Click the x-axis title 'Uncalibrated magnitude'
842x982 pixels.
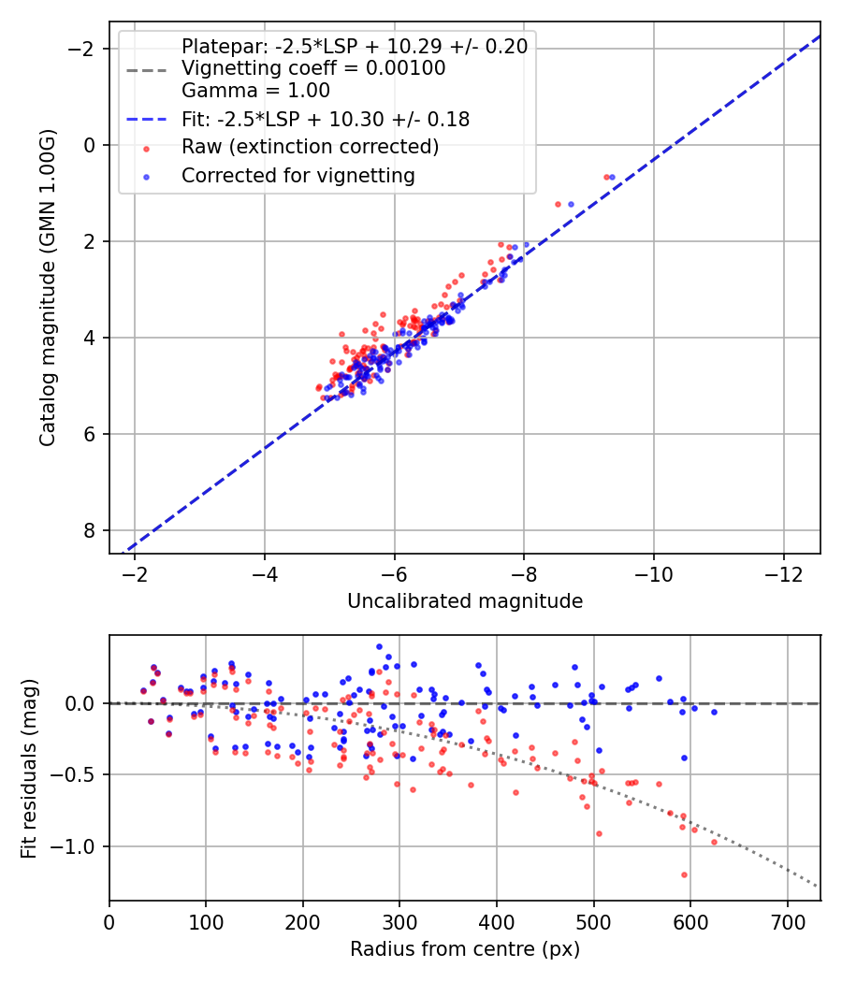coord(465,601)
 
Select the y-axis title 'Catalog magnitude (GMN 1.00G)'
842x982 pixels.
coord(49,288)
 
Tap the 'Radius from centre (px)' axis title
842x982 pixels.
coord(465,949)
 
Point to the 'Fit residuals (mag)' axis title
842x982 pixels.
coord(29,768)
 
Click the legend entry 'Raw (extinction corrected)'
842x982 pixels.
coord(310,147)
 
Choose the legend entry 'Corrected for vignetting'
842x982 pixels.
coord(298,175)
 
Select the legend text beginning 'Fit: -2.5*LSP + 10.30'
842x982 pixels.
coord(325,119)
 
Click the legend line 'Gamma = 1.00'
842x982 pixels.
coord(255,91)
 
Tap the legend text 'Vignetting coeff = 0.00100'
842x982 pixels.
coord(313,68)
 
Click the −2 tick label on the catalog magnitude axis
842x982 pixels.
coord(84,49)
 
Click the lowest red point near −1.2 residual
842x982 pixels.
coord(684,874)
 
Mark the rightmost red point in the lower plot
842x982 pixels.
coord(714,842)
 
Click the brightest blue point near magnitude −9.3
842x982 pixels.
coord(612,177)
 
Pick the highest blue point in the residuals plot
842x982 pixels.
coord(379,646)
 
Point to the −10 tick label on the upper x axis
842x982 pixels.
coord(653,572)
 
